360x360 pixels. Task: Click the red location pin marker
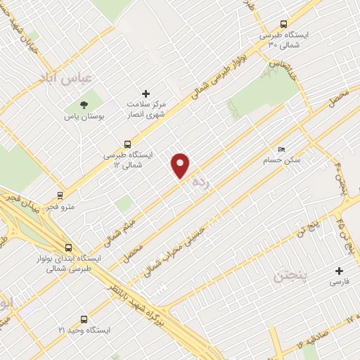tap(181, 165)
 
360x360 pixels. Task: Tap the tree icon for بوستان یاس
tap(84, 104)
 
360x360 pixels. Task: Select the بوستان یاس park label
tap(84, 116)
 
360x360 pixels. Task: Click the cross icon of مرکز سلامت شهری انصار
tap(146, 94)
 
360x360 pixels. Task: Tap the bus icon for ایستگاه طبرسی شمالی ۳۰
tap(283, 24)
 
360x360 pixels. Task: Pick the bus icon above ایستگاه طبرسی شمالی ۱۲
tap(127, 145)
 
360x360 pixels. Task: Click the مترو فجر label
tap(61, 208)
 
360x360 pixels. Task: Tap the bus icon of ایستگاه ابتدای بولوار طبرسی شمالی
tap(68, 247)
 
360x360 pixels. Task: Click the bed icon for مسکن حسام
tap(282, 150)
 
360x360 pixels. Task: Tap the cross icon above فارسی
tap(340, 271)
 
